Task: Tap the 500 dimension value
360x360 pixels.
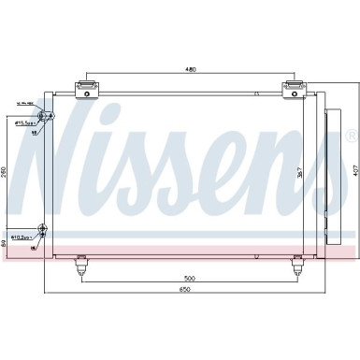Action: coord(188,278)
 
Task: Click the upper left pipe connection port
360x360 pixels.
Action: coord(43,115)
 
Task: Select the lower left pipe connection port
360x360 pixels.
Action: coord(42,228)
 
